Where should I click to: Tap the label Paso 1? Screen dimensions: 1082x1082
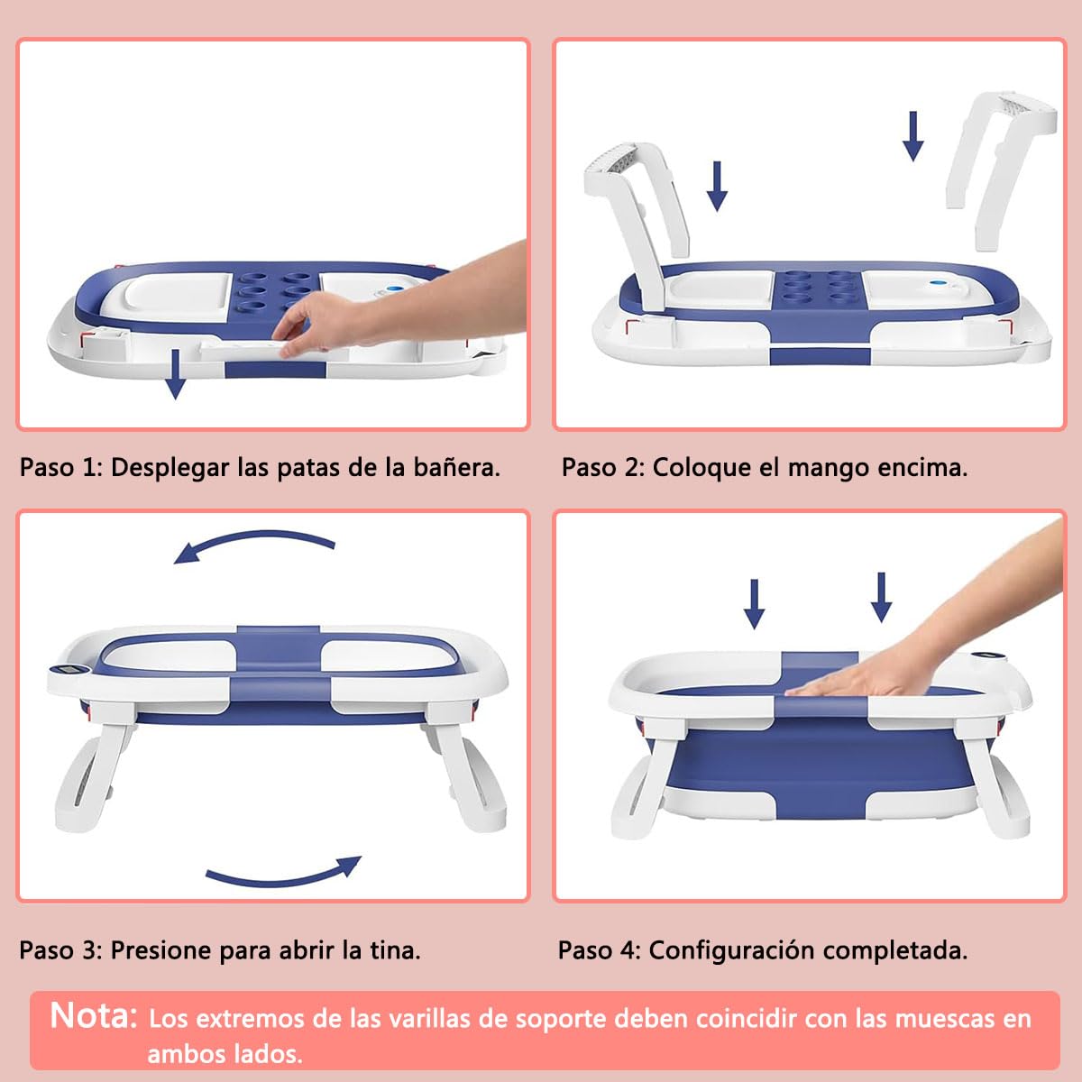point(61,467)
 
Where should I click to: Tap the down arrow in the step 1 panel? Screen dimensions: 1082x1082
point(176,374)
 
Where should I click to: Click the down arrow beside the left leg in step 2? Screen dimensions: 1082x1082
point(717,186)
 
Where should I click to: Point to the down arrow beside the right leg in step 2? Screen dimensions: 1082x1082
point(913,136)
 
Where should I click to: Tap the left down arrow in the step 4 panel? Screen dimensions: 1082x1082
point(754,604)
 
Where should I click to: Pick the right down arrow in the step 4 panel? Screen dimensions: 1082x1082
point(882,598)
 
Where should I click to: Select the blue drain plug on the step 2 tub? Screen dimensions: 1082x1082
point(935,283)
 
